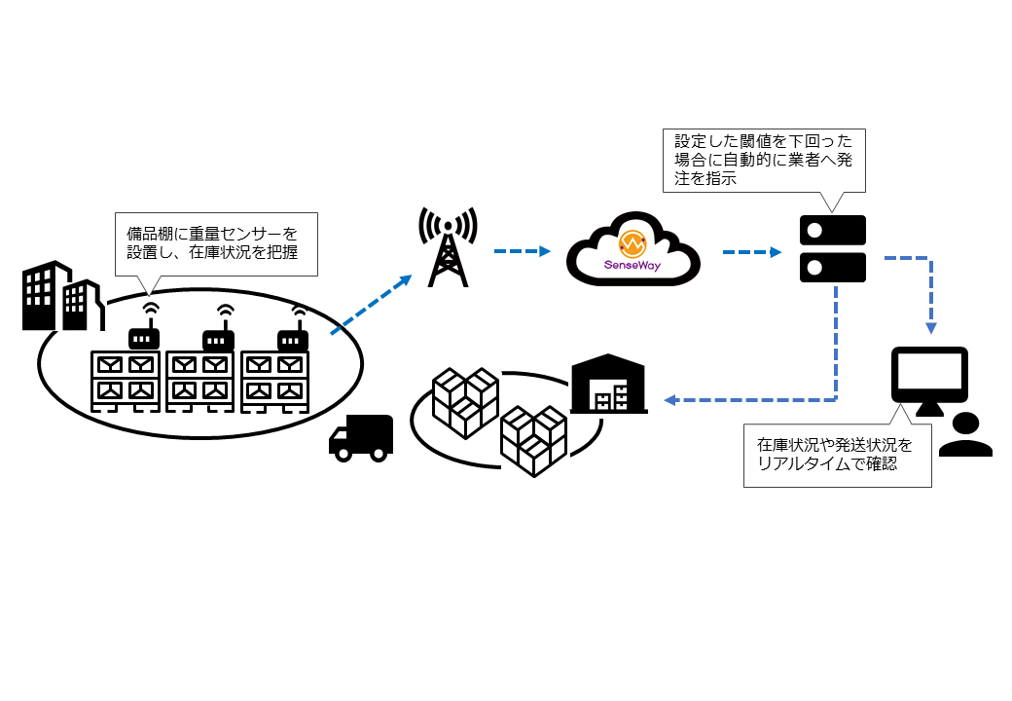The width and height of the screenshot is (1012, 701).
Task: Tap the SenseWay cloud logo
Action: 633,254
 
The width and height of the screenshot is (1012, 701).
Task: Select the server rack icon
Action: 832,249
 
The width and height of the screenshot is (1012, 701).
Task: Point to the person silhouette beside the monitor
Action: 965,436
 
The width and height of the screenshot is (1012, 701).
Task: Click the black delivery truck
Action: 361,437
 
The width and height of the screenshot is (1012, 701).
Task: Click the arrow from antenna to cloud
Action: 523,251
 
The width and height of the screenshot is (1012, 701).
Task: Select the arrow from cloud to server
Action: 752,251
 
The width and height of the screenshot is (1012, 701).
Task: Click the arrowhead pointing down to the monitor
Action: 931,327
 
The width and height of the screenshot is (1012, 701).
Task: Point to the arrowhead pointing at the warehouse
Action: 669,400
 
